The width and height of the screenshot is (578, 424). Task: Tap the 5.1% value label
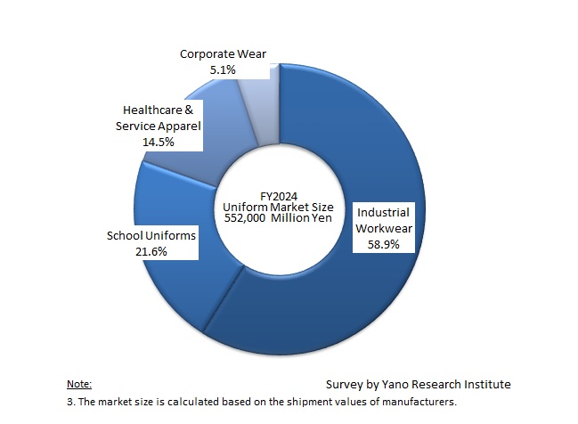coord(223,69)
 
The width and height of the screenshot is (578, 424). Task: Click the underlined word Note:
coord(79,384)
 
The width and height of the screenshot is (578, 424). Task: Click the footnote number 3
coord(70,401)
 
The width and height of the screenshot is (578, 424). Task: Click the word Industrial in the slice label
coord(383,213)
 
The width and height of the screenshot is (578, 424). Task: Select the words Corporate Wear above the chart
coord(223,53)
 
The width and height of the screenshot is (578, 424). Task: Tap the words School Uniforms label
coord(151,236)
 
